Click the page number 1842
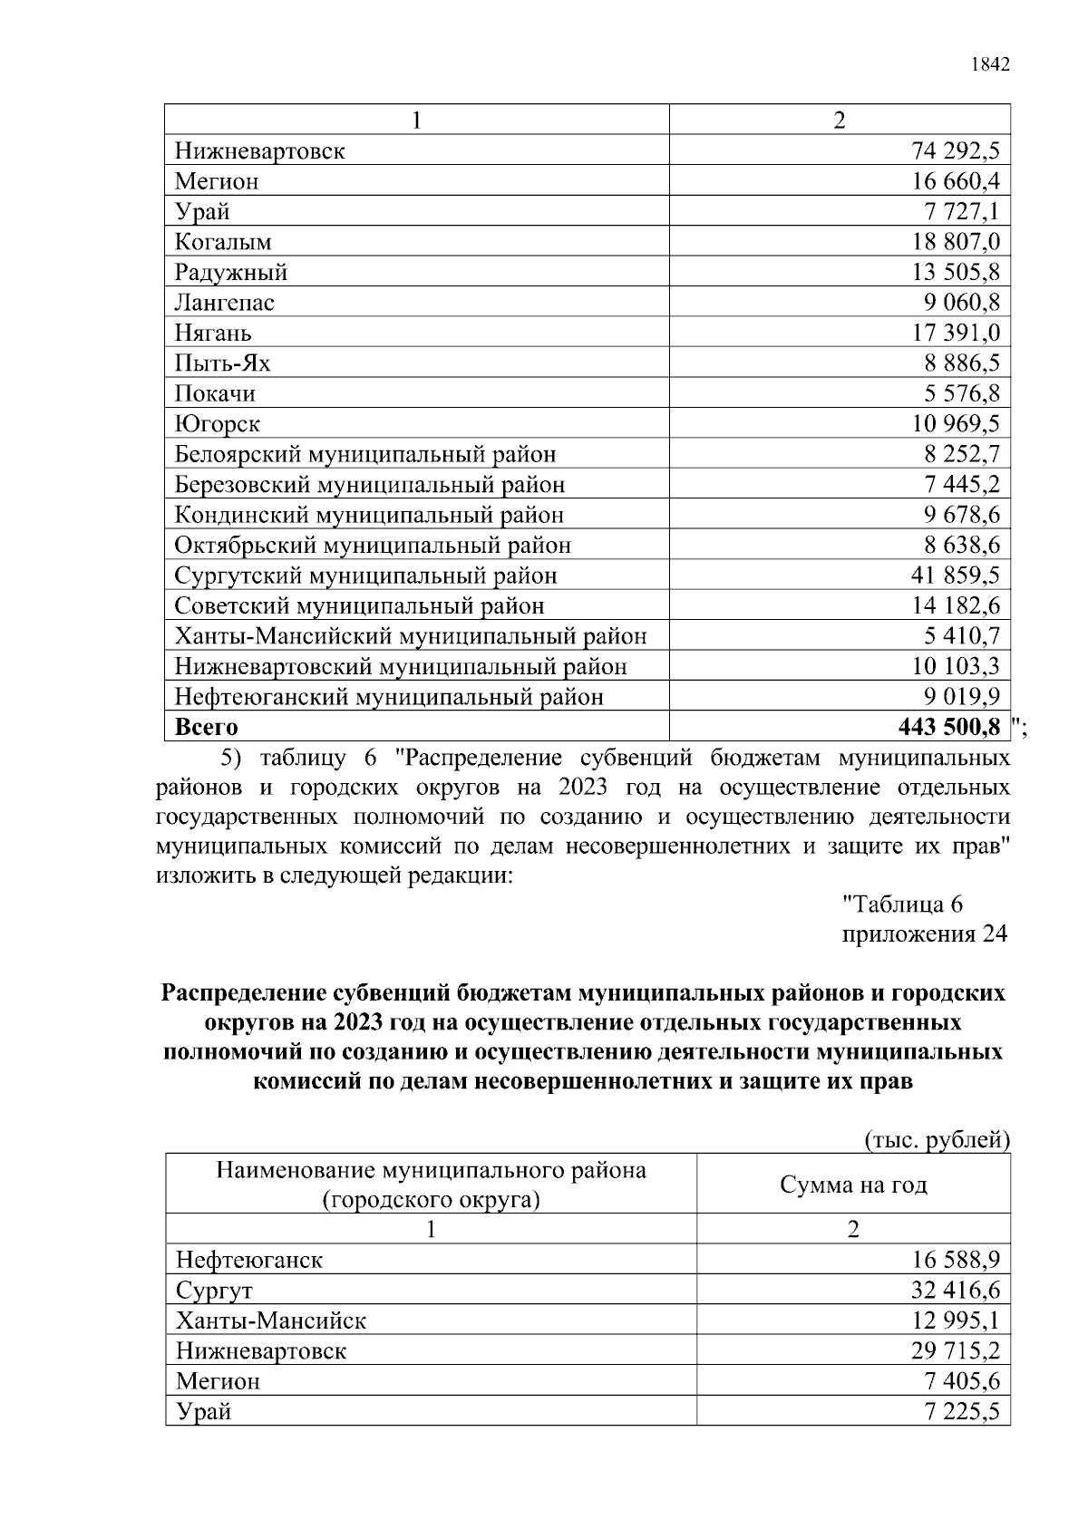989,64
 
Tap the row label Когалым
223,242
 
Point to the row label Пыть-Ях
222,363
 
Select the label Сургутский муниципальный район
365,576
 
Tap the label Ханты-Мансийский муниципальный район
411,636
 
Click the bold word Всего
206,727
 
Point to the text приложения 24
924,934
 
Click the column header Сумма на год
853,1185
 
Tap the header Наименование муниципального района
431,1170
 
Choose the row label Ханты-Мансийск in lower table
271,1320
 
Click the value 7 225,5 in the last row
962,1411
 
